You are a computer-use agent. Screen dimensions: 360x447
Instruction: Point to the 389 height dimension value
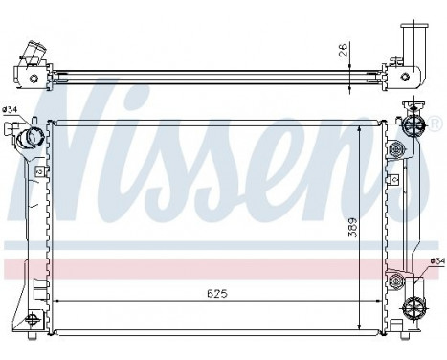click(353, 228)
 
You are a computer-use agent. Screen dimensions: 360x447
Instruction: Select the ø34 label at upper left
click(11, 110)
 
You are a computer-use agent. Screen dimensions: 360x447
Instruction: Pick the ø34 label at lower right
click(437, 260)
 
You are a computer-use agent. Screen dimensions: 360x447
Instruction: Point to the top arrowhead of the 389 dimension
click(361, 125)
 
